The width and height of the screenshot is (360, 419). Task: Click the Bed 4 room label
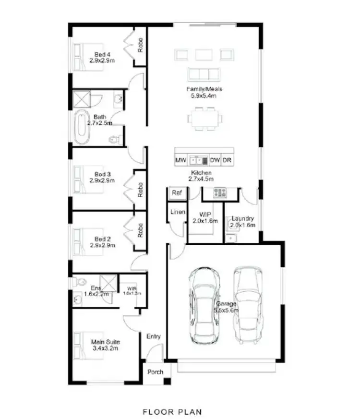[x=102, y=54]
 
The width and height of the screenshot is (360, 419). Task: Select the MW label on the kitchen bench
[x=180, y=160]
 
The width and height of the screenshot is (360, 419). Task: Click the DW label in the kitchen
[x=215, y=160]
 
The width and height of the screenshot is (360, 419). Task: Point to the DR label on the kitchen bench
[x=227, y=160]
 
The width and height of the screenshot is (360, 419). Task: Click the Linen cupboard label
[x=177, y=212]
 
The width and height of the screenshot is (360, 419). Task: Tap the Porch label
[x=155, y=372]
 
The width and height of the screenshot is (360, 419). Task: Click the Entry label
[x=154, y=336]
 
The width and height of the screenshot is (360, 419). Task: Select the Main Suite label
[x=106, y=342]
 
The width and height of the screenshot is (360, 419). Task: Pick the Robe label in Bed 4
[x=140, y=45]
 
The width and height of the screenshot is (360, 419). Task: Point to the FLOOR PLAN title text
[x=172, y=411]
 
